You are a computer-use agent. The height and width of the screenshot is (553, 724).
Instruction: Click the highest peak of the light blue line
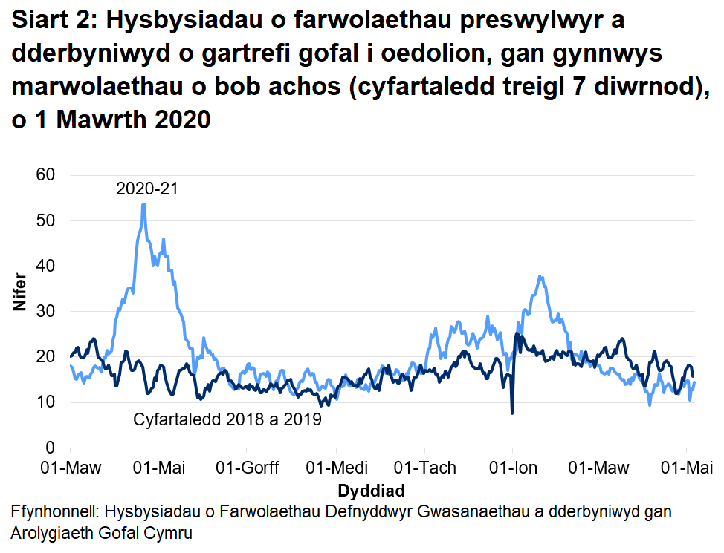point(143,204)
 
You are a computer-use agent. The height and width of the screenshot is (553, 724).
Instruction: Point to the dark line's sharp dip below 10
point(512,413)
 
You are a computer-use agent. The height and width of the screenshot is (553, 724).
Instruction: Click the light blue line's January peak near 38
point(540,277)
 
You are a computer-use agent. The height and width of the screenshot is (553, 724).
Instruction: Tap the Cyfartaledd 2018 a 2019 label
point(227,420)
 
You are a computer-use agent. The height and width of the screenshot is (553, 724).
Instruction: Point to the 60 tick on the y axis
point(47,175)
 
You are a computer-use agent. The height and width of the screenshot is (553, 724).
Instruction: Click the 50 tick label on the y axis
point(47,220)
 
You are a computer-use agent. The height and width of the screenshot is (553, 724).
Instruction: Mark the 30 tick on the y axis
point(47,312)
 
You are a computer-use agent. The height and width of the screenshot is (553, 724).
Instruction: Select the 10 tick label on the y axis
point(47,402)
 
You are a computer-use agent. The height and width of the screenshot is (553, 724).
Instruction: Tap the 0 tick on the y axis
point(51,448)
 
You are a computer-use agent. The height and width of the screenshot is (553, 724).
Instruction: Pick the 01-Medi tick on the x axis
point(336,468)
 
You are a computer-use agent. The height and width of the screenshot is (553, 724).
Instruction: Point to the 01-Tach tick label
point(424,468)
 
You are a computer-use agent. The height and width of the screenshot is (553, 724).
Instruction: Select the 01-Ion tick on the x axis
point(512,468)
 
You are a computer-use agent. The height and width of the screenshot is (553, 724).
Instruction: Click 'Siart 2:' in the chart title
point(54,22)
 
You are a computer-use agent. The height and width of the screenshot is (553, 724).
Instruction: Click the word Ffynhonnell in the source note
point(56,512)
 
